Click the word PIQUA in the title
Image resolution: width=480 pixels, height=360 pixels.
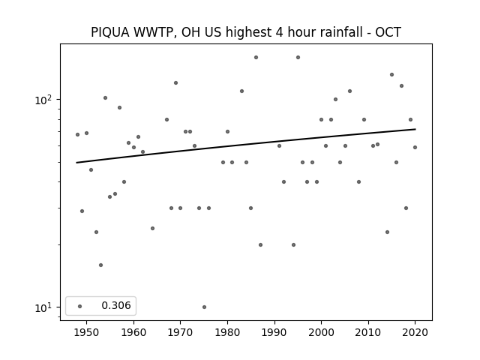pyautogui.click(x=110, y=32)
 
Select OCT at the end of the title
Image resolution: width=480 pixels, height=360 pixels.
pyautogui.click(x=388, y=32)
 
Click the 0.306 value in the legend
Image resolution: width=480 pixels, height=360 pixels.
pyautogui.click(x=116, y=305)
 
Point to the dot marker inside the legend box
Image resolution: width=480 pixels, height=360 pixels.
pyautogui.click(x=80, y=306)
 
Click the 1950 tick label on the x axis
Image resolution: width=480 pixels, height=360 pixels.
pyautogui.click(x=87, y=332)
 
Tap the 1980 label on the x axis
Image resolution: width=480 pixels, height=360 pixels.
pyautogui.click(x=227, y=332)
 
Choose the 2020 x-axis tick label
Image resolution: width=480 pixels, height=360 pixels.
pyautogui.click(x=415, y=332)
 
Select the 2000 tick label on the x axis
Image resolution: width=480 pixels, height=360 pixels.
pyautogui.click(x=321, y=332)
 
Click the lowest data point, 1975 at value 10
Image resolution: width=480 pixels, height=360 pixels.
pyautogui.click(x=204, y=307)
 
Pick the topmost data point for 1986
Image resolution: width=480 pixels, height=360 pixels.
pyautogui.click(x=256, y=57)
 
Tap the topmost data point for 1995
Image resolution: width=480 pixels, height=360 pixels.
pyautogui.click(x=298, y=57)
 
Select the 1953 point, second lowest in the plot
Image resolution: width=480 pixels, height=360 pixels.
pyautogui.click(x=100, y=265)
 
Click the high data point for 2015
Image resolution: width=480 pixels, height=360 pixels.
pyautogui.click(x=391, y=75)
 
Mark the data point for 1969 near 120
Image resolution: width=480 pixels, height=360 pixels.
pyautogui.click(x=175, y=83)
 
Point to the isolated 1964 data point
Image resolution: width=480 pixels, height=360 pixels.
pyautogui.click(x=152, y=228)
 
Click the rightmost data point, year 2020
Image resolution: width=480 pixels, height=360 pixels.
pyautogui.click(x=415, y=147)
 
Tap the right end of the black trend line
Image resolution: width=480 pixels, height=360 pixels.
pyautogui.click(x=415, y=129)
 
